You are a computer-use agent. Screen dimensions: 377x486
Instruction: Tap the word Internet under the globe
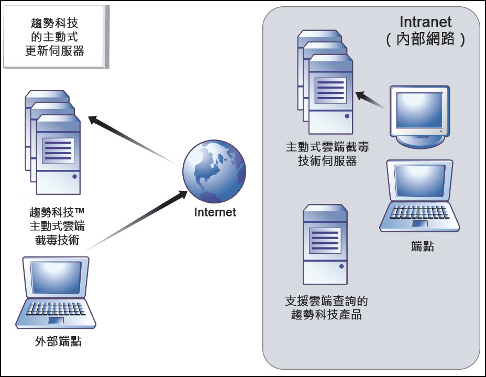coord(215,212)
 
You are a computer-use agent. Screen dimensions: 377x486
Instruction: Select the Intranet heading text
coord(425,23)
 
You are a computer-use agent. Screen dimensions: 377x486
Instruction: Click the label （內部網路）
coord(425,40)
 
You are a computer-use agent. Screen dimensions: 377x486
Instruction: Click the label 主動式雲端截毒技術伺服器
coord(328,154)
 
